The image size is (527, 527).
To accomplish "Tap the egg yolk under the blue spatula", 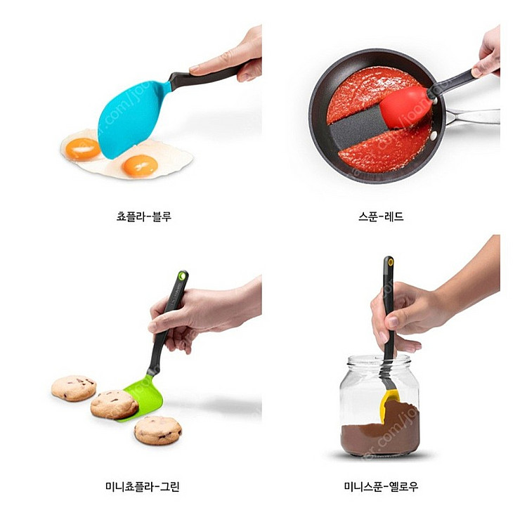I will pyautogui.click(x=83, y=148).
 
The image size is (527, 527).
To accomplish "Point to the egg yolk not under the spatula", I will pyautogui.click(x=139, y=165).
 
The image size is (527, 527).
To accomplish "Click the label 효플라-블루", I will pyautogui.click(x=143, y=216).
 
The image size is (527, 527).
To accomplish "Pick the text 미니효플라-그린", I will pyautogui.click(x=143, y=486).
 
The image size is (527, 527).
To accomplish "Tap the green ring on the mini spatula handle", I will pyautogui.click(x=183, y=277).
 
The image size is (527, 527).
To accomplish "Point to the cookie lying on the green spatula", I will pyautogui.click(x=115, y=404).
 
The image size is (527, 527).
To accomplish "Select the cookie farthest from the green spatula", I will pyautogui.click(x=73, y=388).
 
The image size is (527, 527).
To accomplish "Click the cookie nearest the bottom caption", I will pyautogui.click(x=157, y=430).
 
